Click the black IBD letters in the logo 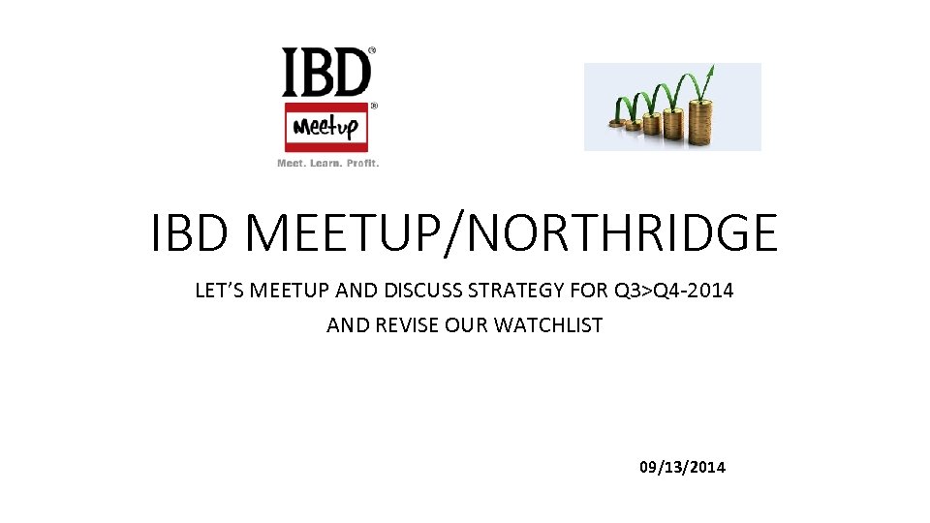(326, 73)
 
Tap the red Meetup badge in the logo (327, 127)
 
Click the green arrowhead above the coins (711, 71)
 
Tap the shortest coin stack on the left (615, 122)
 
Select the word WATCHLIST (548, 325)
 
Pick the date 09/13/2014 (682, 468)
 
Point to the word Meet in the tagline (292, 163)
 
